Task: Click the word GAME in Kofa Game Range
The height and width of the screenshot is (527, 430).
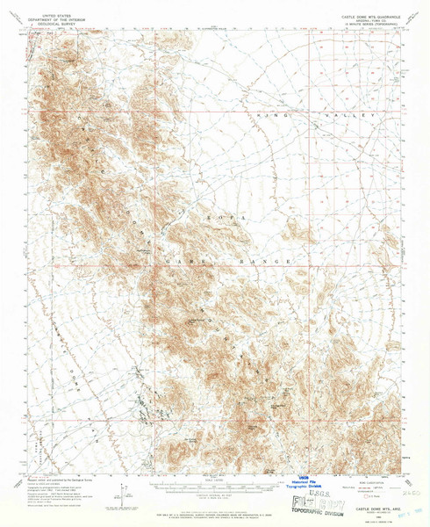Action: (187, 260)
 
